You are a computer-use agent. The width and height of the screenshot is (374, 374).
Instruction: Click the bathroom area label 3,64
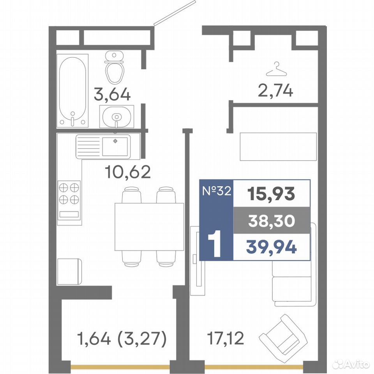pos(112,94)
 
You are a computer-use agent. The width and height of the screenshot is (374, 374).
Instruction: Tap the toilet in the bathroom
pos(115,67)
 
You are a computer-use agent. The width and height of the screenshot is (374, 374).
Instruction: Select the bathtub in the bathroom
pos(72,91)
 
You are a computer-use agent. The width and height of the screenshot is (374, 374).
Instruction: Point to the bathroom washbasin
pos(116,116)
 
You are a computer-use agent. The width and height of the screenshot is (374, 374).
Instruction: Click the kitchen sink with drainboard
pos(103,146)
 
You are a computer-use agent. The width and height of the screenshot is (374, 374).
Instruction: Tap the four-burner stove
pos(69,200)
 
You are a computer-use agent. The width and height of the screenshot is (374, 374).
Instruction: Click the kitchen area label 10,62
pos(128,172)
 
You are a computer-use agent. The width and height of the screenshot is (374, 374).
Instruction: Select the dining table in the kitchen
pos(149,227)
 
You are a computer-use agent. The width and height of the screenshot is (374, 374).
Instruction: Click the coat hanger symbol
pos(276,69)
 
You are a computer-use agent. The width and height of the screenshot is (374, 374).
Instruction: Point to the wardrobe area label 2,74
pos(275,91)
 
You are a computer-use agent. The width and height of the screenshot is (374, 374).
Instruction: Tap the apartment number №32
pos(217,191)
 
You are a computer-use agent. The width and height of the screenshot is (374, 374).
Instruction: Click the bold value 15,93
pos(271,194)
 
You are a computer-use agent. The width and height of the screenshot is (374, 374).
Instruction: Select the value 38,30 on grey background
pos(272,221)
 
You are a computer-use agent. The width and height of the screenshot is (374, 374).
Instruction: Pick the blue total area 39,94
pos(272,247)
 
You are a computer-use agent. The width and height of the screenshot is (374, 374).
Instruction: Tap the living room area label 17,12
pos(226,338)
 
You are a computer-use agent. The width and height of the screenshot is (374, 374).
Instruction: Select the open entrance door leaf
pos(175,12)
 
